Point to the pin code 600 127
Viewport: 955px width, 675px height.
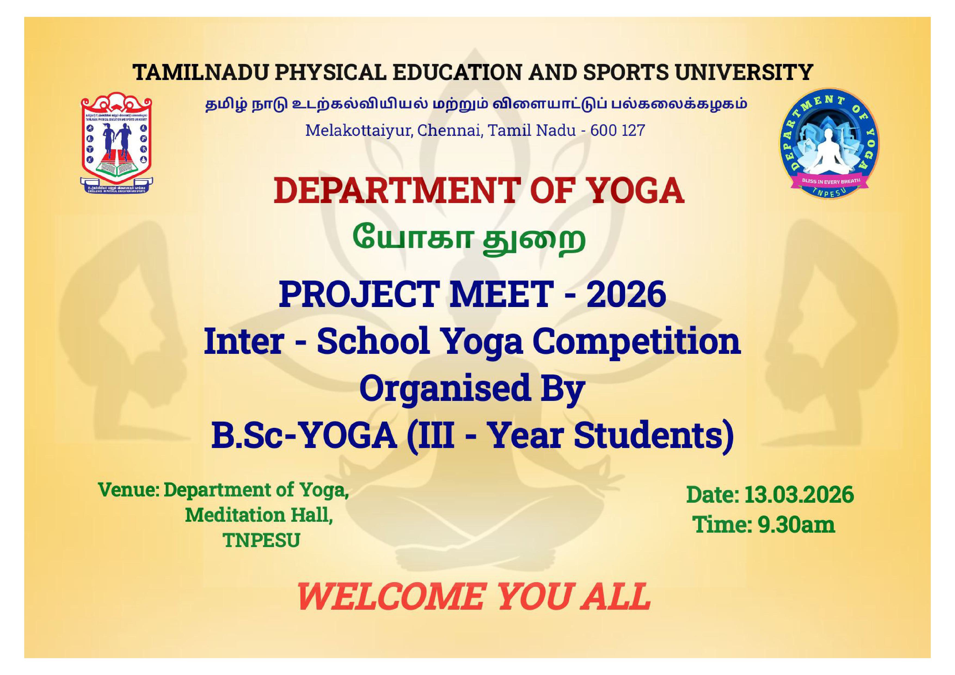point(618,131)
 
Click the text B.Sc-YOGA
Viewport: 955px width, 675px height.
point(304,436)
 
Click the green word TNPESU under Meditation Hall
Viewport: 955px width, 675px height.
point(261,541)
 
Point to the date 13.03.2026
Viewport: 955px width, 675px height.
point(799,495)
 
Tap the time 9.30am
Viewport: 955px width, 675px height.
point(796,525)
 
